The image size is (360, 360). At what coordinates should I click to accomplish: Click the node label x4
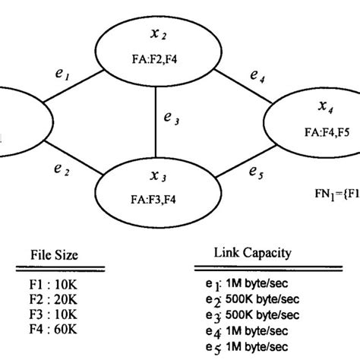325,106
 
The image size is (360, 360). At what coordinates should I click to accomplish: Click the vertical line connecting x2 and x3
156,122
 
